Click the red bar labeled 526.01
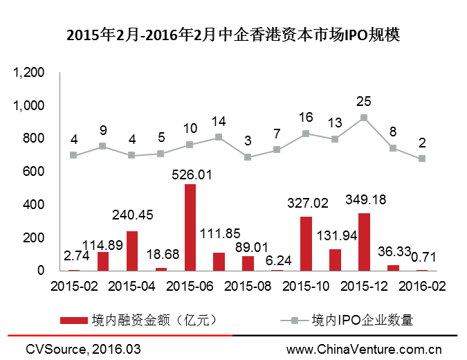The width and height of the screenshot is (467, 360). (x=190, y=227)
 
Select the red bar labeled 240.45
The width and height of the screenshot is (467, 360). (x=132, y=251)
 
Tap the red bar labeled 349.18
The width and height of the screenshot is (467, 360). (x=364, y=242)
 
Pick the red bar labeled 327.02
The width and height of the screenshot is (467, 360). (x=306, y=244)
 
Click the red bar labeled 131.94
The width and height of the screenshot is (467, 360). (x=335, y=260)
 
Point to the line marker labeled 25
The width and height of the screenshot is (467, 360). (x=364, y=118)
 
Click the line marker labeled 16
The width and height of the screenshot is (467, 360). (x=306, y=133)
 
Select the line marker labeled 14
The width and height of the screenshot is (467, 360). (x=219, y=137)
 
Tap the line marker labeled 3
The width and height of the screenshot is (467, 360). (x=248, y=157)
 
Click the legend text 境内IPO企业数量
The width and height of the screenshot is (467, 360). (x=363, y=320)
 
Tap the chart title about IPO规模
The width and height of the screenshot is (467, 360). (x=233, y=35)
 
